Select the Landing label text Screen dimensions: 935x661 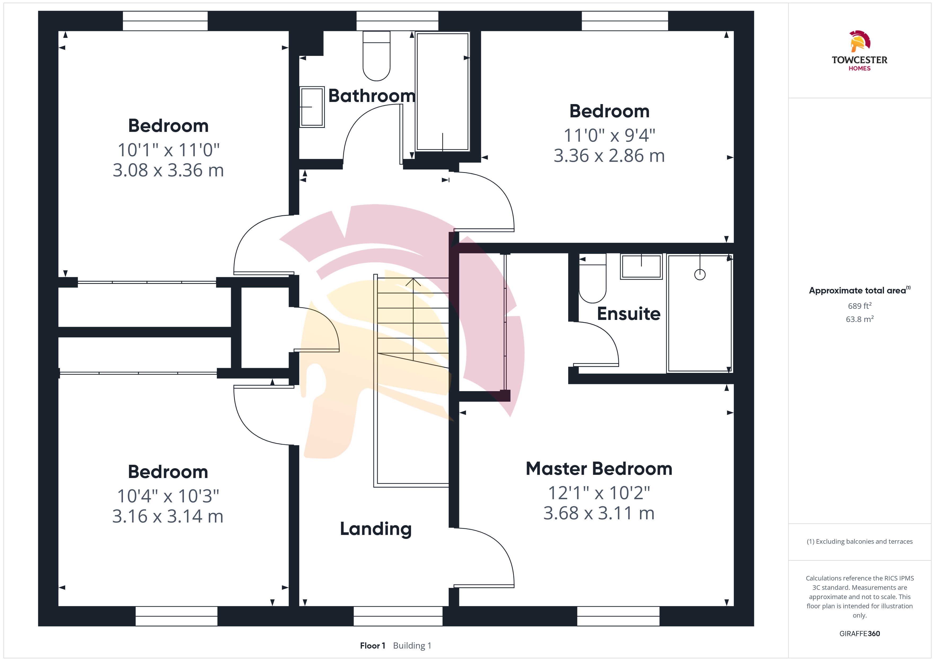[x=376, y=529]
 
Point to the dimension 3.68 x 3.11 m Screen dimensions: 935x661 [x=599, y=513]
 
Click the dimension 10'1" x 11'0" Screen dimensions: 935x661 [x=168, y=150]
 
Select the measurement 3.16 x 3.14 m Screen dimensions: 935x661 [x=168, y=516]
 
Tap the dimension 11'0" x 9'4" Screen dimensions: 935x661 [x=609, y=135]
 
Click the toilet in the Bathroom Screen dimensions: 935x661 [x=376, y=56]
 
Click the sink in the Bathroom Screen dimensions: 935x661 [x=312, y=107]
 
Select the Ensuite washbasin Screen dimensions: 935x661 [x=641, y=267]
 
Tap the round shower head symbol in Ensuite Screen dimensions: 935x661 [x=700, y=275]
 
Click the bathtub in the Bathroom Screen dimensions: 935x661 [x=443, y=92]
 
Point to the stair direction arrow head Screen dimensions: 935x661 [x=413, y=282]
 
